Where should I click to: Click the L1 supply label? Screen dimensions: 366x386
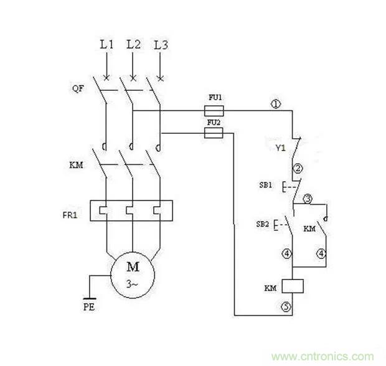point(107,45)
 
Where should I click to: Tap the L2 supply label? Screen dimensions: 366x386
point(133,45)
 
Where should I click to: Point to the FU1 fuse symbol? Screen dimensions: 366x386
point(214,111)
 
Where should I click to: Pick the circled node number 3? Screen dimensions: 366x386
point(307,199)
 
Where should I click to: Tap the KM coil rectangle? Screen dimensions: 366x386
point(292,286)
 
